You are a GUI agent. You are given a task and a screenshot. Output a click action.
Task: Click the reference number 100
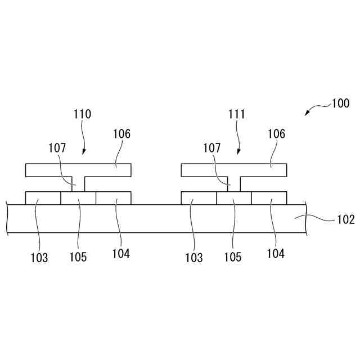(x=340, y=103)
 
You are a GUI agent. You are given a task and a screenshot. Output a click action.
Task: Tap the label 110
(x=82, y=114)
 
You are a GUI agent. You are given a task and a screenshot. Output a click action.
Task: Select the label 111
(x=237, y=114)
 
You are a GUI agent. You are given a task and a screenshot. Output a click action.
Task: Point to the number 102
(x=345, y=219)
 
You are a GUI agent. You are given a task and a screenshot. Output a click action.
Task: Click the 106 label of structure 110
(x=121, y=134)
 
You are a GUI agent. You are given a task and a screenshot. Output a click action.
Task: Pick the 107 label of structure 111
(x=212, y=148)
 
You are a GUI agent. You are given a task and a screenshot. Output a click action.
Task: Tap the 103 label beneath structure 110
(x=39, y=258)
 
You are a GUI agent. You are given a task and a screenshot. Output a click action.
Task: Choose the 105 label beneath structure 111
(x=232, y=257)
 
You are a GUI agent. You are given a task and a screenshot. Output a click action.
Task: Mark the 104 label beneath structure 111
(x=276, y=254)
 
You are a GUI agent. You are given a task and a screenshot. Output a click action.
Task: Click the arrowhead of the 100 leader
(x=307, y=114)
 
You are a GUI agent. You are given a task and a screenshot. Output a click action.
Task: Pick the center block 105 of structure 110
(x=78, y=197)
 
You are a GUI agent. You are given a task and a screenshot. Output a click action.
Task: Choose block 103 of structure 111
(x=199, y=197)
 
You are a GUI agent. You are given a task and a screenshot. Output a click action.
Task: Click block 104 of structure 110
(x=113, y=197)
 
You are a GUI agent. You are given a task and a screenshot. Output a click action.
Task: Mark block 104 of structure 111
(x=269, y=197)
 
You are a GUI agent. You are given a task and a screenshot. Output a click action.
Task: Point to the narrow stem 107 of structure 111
(x=233, y=183)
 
